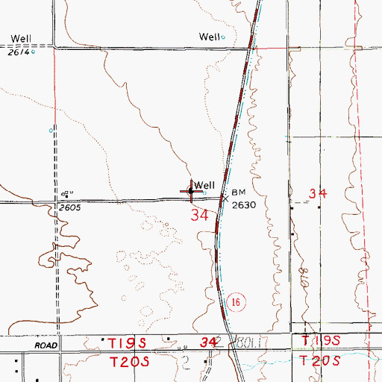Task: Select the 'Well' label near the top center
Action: [210, 37]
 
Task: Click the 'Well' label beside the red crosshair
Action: [205, 185]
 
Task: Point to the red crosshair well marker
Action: [191, 192]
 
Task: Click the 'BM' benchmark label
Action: [238, 191]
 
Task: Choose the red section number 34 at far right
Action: [318, 193]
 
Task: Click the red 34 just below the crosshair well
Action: [198, 216]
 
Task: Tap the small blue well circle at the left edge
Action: [51, 131]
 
